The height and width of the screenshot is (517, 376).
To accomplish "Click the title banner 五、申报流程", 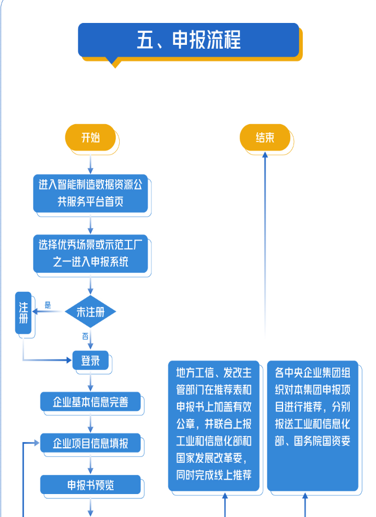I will tap(189, 40).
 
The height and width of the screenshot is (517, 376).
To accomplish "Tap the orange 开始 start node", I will tap(91, 138).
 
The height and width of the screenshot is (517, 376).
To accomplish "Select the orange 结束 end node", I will tap(265, 138).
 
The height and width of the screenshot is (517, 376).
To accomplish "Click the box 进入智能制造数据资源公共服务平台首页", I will tap(91, 193).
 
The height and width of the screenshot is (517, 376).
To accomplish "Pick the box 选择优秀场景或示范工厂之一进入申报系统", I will tap(91, 254).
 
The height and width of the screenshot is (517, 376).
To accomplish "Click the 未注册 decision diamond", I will tap(91, 312).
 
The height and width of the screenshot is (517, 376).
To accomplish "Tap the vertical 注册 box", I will tap(23, 313).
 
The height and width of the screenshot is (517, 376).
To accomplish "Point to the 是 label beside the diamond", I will tap(48, 305).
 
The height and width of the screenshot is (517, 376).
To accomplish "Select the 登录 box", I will tap(91, 361).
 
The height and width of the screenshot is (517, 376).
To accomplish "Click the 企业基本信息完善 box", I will tap(91, 402).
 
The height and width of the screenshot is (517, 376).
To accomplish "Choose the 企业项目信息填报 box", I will tap(91, 443).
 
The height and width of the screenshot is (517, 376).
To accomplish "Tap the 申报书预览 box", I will tap(91, 485).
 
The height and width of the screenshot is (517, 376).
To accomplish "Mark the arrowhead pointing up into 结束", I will tap(265, 155).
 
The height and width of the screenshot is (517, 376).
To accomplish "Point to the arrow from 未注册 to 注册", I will tap(49, 312).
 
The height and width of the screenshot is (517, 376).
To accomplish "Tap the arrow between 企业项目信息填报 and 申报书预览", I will tap(91, 464).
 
